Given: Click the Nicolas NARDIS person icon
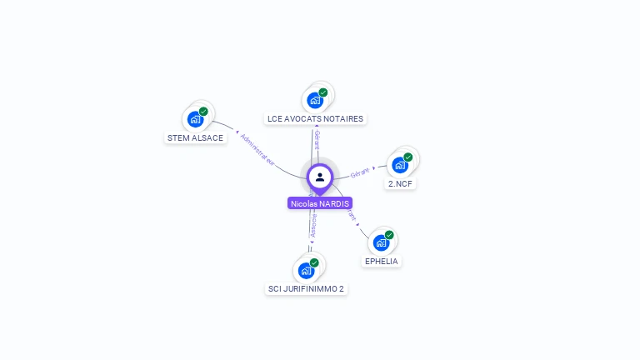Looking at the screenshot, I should (x=320, y=177).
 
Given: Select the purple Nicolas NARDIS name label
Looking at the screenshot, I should (x=320, y=203).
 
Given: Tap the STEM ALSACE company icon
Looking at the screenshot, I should (x=196, y=118).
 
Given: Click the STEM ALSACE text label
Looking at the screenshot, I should (x=195, y=137).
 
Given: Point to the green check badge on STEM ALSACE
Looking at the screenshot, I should (x=203, y=111).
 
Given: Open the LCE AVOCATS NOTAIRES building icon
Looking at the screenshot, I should (x=315, y=100).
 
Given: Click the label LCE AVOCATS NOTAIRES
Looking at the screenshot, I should (x=315, y=119).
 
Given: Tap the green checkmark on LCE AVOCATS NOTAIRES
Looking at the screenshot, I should (x=323, y=92).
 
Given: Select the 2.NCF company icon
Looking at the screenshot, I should (x=400, y=164).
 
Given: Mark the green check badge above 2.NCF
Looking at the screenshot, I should (x=408, y=157).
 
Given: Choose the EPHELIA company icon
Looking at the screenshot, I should (x=381, y=242).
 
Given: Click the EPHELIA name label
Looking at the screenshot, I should (x=382, y=261).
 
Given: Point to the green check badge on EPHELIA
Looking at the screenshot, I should (x=389, y=235).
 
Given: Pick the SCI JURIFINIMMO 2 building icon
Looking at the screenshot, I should (x=306, y=270).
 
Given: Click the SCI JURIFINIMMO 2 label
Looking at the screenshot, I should (x=306, y=289).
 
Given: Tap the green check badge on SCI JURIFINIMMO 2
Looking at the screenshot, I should (x=314, y=262).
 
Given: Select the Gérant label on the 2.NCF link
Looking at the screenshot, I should (x=360, y=172).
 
